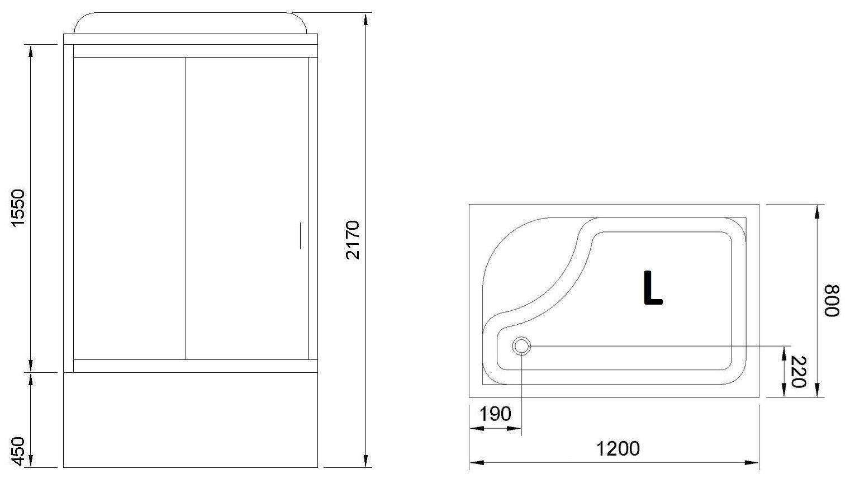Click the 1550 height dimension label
(18, 209)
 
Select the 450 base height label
(18, 451)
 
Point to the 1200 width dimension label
(618, 448)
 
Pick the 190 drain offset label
(495, 414)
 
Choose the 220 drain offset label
(798, 372)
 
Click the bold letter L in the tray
(653, 288)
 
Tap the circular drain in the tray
(522, 346)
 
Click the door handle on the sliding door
(301, 235)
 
